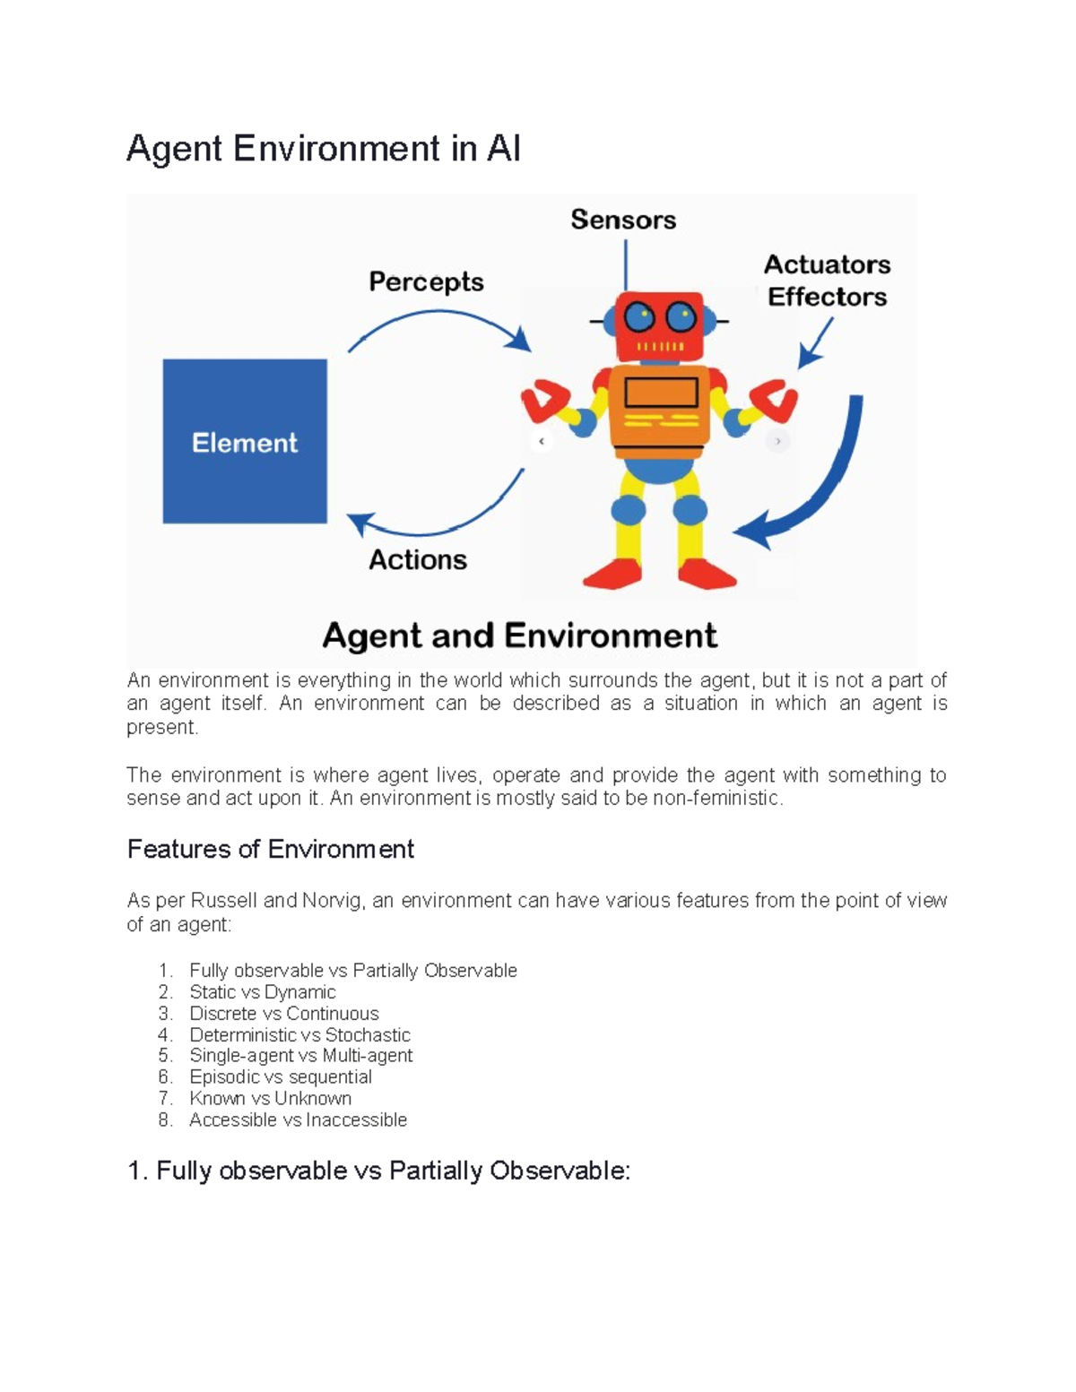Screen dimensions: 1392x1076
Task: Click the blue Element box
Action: [245, 441]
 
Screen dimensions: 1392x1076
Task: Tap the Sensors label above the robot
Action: [623, 220]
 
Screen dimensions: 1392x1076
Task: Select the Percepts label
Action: [426, 282]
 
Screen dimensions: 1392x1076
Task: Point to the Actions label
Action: [418, 560]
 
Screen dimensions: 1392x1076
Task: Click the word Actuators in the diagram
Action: [827, 264]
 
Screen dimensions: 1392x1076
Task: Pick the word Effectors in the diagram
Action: [827, 297]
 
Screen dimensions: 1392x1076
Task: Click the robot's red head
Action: [659, 324]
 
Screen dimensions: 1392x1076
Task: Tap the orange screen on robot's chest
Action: [661, 393]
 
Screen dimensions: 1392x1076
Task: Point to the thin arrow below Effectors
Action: [815, 344]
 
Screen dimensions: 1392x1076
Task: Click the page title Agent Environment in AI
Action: [324, 149]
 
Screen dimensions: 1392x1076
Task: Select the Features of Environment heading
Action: [270, 849]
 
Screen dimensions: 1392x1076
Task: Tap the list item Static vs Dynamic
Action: [262, 992]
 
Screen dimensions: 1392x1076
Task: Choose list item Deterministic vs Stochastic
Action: [299, 1034]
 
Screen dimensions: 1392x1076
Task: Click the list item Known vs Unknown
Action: [270, 1098]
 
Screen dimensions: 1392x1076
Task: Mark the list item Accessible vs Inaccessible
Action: [298, 1120]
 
